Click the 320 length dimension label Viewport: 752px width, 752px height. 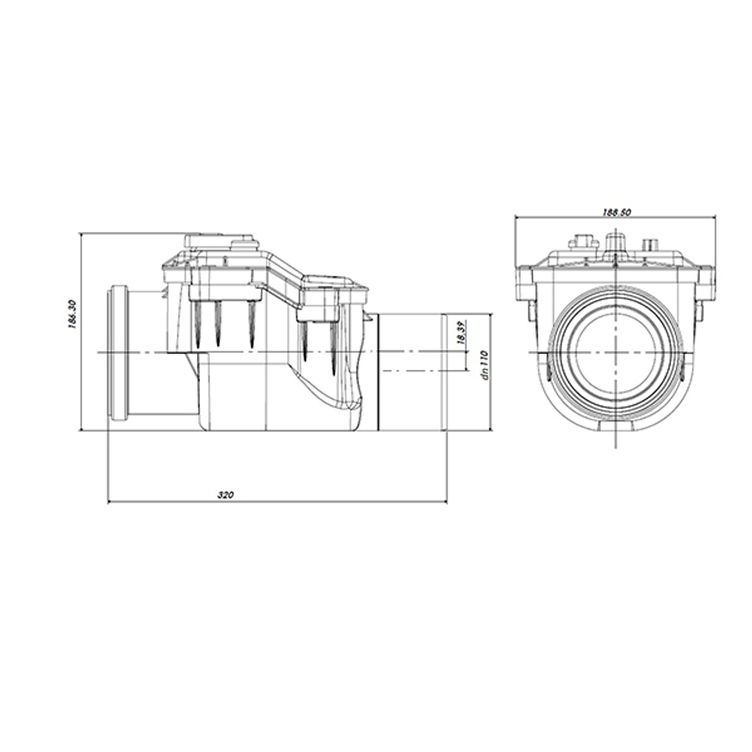(226, 495)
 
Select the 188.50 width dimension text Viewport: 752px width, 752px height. (616, 212)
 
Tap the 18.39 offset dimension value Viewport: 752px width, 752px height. (460, 332)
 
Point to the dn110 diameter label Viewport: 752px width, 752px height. (484, 365)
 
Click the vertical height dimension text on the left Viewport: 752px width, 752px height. (72, 314)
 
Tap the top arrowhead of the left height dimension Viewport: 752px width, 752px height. (81, 237)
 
